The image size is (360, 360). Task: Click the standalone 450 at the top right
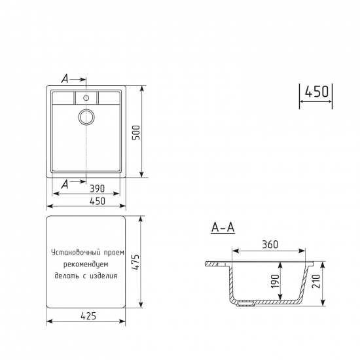click(316, 92)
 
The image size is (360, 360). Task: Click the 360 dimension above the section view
click(270, 245)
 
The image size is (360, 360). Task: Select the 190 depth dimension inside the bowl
click(275, 281)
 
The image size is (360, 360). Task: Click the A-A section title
click(223, 228)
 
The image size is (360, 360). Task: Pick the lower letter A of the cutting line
click(64, 185)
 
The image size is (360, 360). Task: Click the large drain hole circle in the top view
click(86, 117)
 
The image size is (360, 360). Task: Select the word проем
click(112, 252)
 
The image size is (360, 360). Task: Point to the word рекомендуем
click(90, 264)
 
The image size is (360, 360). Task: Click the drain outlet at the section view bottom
click(246, 302)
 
